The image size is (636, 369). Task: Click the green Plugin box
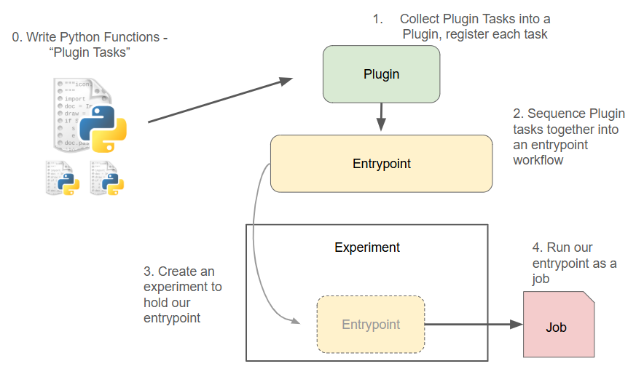tap(381, 74)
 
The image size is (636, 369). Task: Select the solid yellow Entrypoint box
tap(381, 164)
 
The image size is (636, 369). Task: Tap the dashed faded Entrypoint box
tap(371, 325)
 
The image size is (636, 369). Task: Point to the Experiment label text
tap(367, 247)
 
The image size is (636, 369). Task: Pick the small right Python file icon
tap(107, 178)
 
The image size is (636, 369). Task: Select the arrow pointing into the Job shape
tap(474, 325)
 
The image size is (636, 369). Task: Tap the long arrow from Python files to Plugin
tap(219, 101)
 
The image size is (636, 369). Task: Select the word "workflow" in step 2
tap(538, 160)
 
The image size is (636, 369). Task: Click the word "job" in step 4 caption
tap(541, 279)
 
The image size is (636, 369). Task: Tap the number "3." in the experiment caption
tap(149, 271)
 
